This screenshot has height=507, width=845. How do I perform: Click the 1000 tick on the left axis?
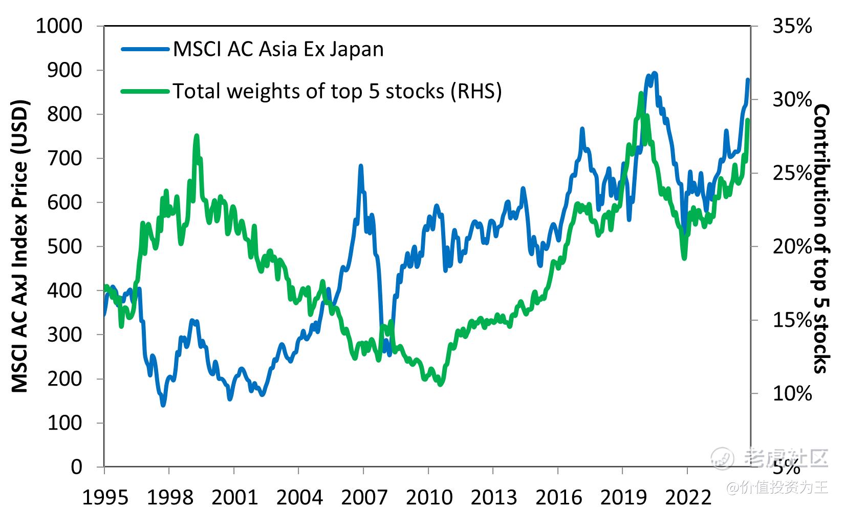pos(58,26)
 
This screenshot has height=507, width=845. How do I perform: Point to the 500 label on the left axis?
pos(64,246)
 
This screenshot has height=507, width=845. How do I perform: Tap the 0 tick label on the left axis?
pos(76,467)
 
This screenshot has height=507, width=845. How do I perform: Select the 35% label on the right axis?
pos(792,26)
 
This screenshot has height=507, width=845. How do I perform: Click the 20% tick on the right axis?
pos(792,246)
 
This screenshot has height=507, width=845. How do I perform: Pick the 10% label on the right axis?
pos(792,393)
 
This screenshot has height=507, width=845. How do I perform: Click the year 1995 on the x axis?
pos(105,496)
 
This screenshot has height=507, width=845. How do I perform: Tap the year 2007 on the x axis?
pos(364,496)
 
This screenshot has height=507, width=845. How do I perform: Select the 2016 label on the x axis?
pos(558,496)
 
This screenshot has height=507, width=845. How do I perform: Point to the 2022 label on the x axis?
pos(687,496)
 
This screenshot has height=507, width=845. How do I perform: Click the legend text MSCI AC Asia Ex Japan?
pos(278,49)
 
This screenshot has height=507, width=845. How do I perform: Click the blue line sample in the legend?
pos(145,50)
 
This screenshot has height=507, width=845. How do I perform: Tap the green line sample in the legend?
pos(145,92)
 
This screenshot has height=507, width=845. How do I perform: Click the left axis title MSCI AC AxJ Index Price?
pos(19,246)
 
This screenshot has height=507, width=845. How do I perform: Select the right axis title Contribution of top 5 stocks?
pos(820,238)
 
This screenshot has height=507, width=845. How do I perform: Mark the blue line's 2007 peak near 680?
pos(361,166)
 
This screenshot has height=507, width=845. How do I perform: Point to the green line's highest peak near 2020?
pos(641,94)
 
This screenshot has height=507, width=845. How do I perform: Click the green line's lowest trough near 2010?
pos(440,385)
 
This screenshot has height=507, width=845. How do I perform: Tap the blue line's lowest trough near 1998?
pos(163,405)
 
